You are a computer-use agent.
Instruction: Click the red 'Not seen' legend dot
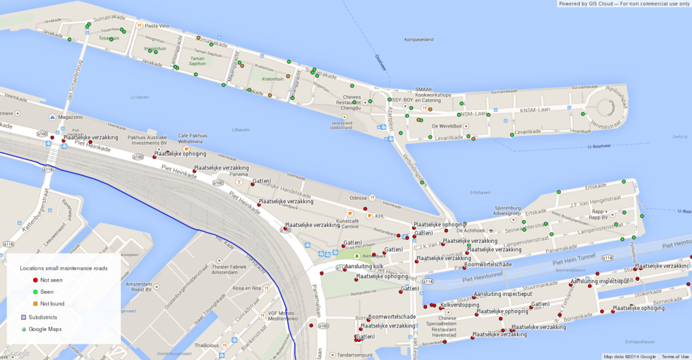(35, 280)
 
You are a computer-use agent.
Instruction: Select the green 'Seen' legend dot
(35, 292)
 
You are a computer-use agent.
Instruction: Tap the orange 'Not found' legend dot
(35, 304)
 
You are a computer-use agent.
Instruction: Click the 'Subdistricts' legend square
(24, 316)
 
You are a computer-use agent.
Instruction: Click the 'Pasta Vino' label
(157, 26)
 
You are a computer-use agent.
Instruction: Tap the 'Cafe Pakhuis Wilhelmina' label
(191, 138)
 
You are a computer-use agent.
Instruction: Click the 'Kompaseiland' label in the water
(418, 40)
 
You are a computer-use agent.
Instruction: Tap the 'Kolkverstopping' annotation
(459, 305)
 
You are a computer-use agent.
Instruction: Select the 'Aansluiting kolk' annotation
(364, 267)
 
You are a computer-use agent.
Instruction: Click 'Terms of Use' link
(675, 357)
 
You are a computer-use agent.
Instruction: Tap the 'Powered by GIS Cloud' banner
(624, 3)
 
